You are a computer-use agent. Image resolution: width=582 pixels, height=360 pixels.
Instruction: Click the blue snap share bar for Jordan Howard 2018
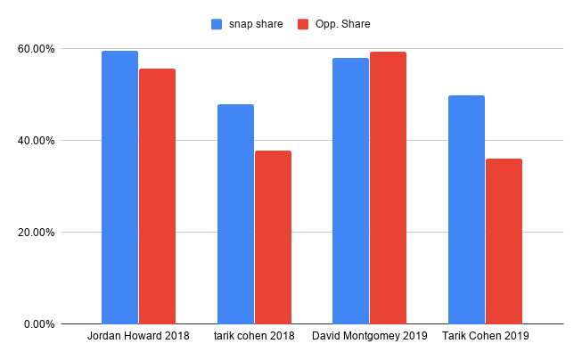pos(119,187)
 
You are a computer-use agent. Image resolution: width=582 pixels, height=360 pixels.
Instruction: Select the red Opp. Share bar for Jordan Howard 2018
pos(157,196)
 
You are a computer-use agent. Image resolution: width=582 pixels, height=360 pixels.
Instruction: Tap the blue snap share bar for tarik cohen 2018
pos(235,214)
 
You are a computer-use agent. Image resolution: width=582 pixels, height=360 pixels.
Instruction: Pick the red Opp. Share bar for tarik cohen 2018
pos(273,237)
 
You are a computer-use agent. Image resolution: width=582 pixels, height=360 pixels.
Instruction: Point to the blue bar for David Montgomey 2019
pos(350,191)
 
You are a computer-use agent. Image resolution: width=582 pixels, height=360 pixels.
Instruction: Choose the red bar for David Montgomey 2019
pos(388,188)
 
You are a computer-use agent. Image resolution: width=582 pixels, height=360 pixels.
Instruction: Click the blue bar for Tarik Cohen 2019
pos(466,209)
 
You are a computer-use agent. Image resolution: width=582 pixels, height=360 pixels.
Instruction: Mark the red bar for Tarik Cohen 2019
pos(504,241)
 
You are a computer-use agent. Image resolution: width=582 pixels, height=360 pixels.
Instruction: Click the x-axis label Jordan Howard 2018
pos(138,337)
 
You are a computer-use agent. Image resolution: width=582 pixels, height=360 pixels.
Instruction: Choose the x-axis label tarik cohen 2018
pos(254,337)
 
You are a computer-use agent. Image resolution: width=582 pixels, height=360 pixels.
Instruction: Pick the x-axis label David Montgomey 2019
pos(369,337)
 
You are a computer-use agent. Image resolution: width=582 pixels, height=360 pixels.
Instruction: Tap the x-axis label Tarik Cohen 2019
pos(485,337)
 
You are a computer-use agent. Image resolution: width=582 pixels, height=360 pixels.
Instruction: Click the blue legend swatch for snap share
pos(217,24)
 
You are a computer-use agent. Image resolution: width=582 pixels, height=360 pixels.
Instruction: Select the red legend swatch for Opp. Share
pos(302,24)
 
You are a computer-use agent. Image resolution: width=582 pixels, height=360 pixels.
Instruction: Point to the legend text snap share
pos(255,24)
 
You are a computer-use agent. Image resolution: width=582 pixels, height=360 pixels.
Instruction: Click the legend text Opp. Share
pos(342,24)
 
